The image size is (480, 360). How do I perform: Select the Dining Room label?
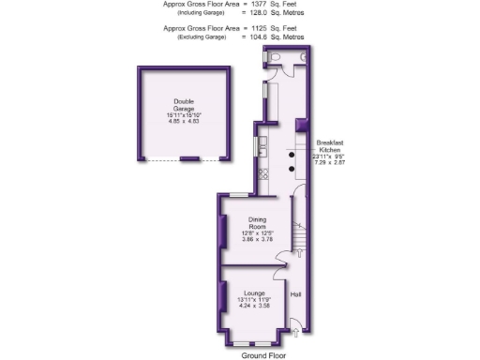click(x=257, y=222)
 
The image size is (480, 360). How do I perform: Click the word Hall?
click(x=295, y=295)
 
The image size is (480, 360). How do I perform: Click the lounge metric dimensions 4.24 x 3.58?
click(x=254, y=306)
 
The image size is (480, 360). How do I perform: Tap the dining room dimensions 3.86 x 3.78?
click(x=257, y=240)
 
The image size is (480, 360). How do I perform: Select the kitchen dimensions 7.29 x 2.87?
click(x=329, y=162)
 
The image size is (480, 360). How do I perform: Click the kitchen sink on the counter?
click(x=263, y=145)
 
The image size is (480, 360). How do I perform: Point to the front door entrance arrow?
click(x=296, y=329)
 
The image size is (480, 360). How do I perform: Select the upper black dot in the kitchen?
click(x=291, y=154)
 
